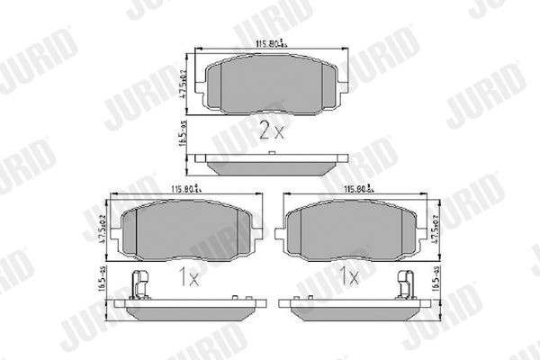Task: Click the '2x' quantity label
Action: (x=271, y=132)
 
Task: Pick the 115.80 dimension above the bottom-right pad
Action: (x=360, y=189)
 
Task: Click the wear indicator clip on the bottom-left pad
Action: (x=138, y=284)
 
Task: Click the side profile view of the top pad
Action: (x=271, y=165)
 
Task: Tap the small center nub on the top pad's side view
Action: (x=271, y=155)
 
